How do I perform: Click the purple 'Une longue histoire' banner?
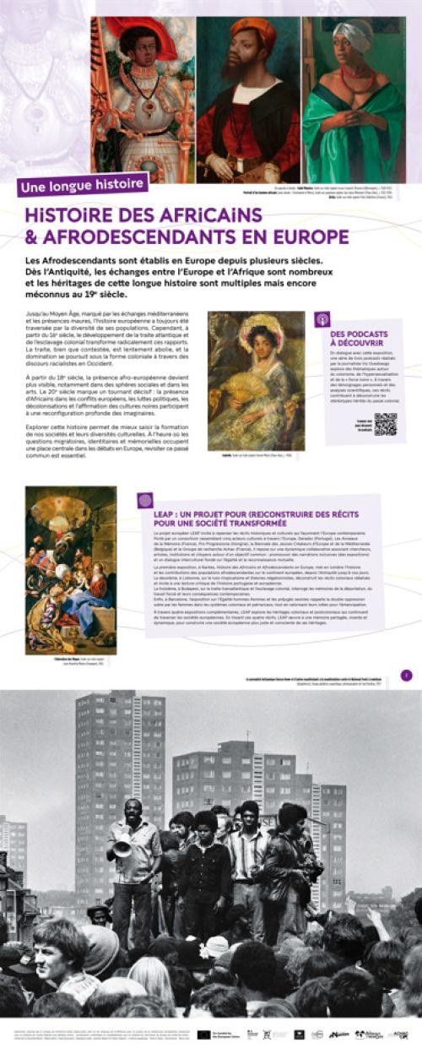[83, 184]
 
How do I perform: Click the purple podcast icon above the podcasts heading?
[322, 319]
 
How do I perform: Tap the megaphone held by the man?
[123, 844]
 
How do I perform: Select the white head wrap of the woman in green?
[352, 33]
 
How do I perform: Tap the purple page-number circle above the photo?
[406, 675]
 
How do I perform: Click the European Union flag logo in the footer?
[204, 1034]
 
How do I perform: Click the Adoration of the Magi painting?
[70, 569]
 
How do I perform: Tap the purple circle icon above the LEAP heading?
[145, 500]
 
